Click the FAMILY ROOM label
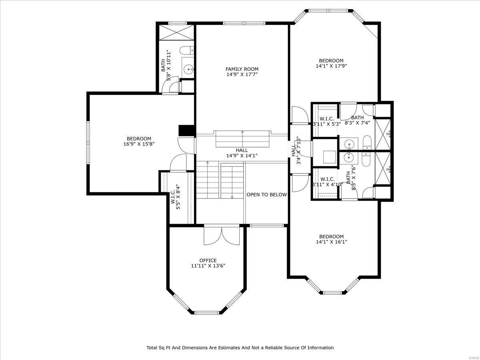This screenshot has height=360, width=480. (242, 69)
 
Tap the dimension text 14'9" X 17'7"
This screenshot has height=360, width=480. (242, 74)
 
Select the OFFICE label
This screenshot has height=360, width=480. (208, 260)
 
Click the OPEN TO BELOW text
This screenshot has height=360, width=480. (266, 195)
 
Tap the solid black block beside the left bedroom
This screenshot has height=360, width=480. (186, 131)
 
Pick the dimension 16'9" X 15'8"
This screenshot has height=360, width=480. (139, 144)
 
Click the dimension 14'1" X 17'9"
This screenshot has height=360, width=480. (331, 66)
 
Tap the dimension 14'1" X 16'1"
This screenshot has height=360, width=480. (331, 242)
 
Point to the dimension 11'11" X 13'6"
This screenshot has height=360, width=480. (208, 266)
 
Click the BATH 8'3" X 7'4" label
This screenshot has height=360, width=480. (358, 120)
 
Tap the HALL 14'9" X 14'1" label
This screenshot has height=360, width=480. (242, 153)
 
